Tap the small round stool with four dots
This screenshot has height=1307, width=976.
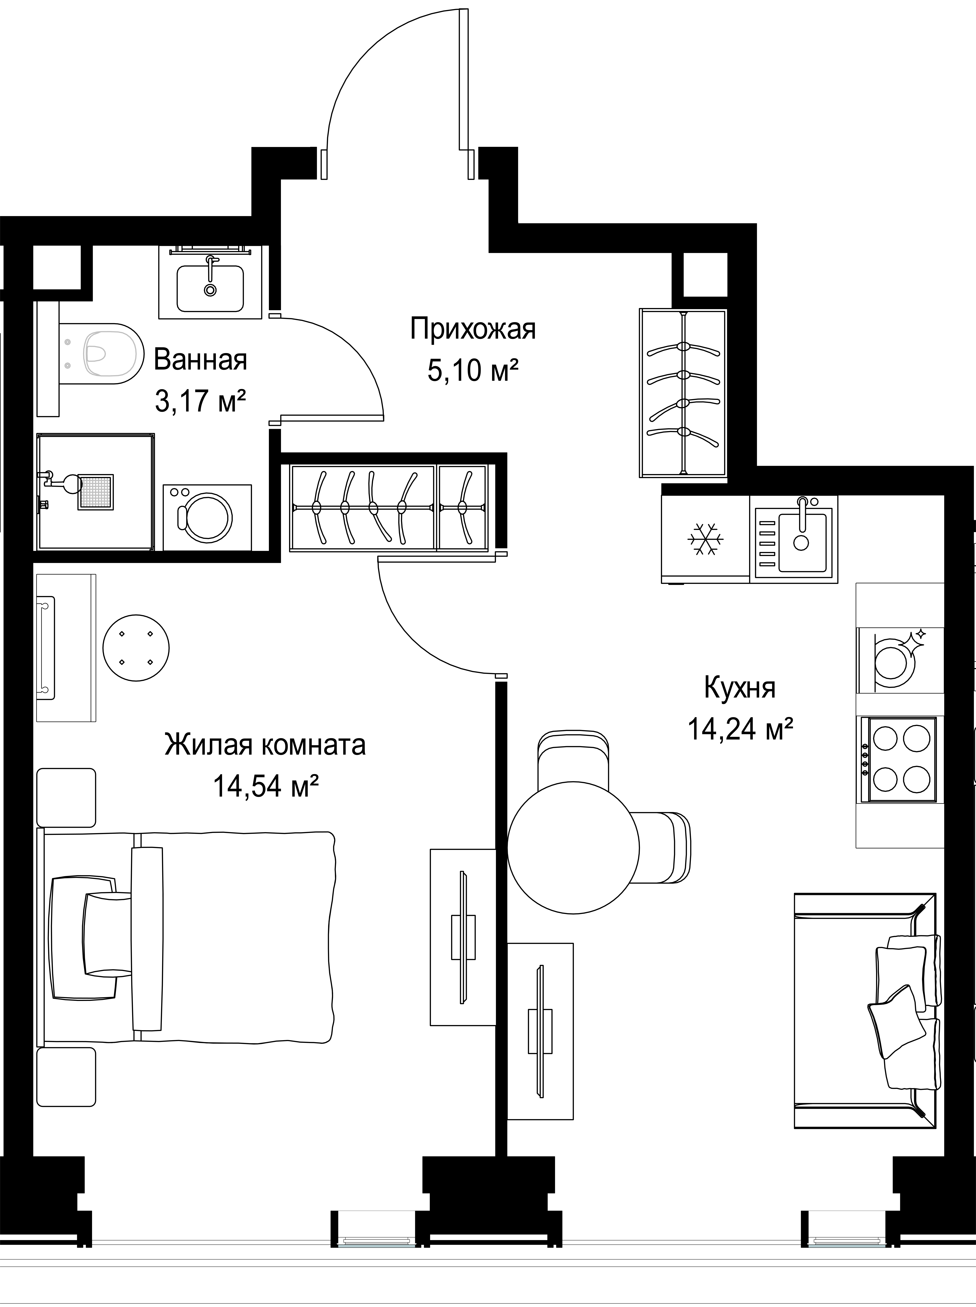pyautogui.click(x=136, y=648)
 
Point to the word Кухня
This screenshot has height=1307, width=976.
pyautogui.click(x=740, y=687)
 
